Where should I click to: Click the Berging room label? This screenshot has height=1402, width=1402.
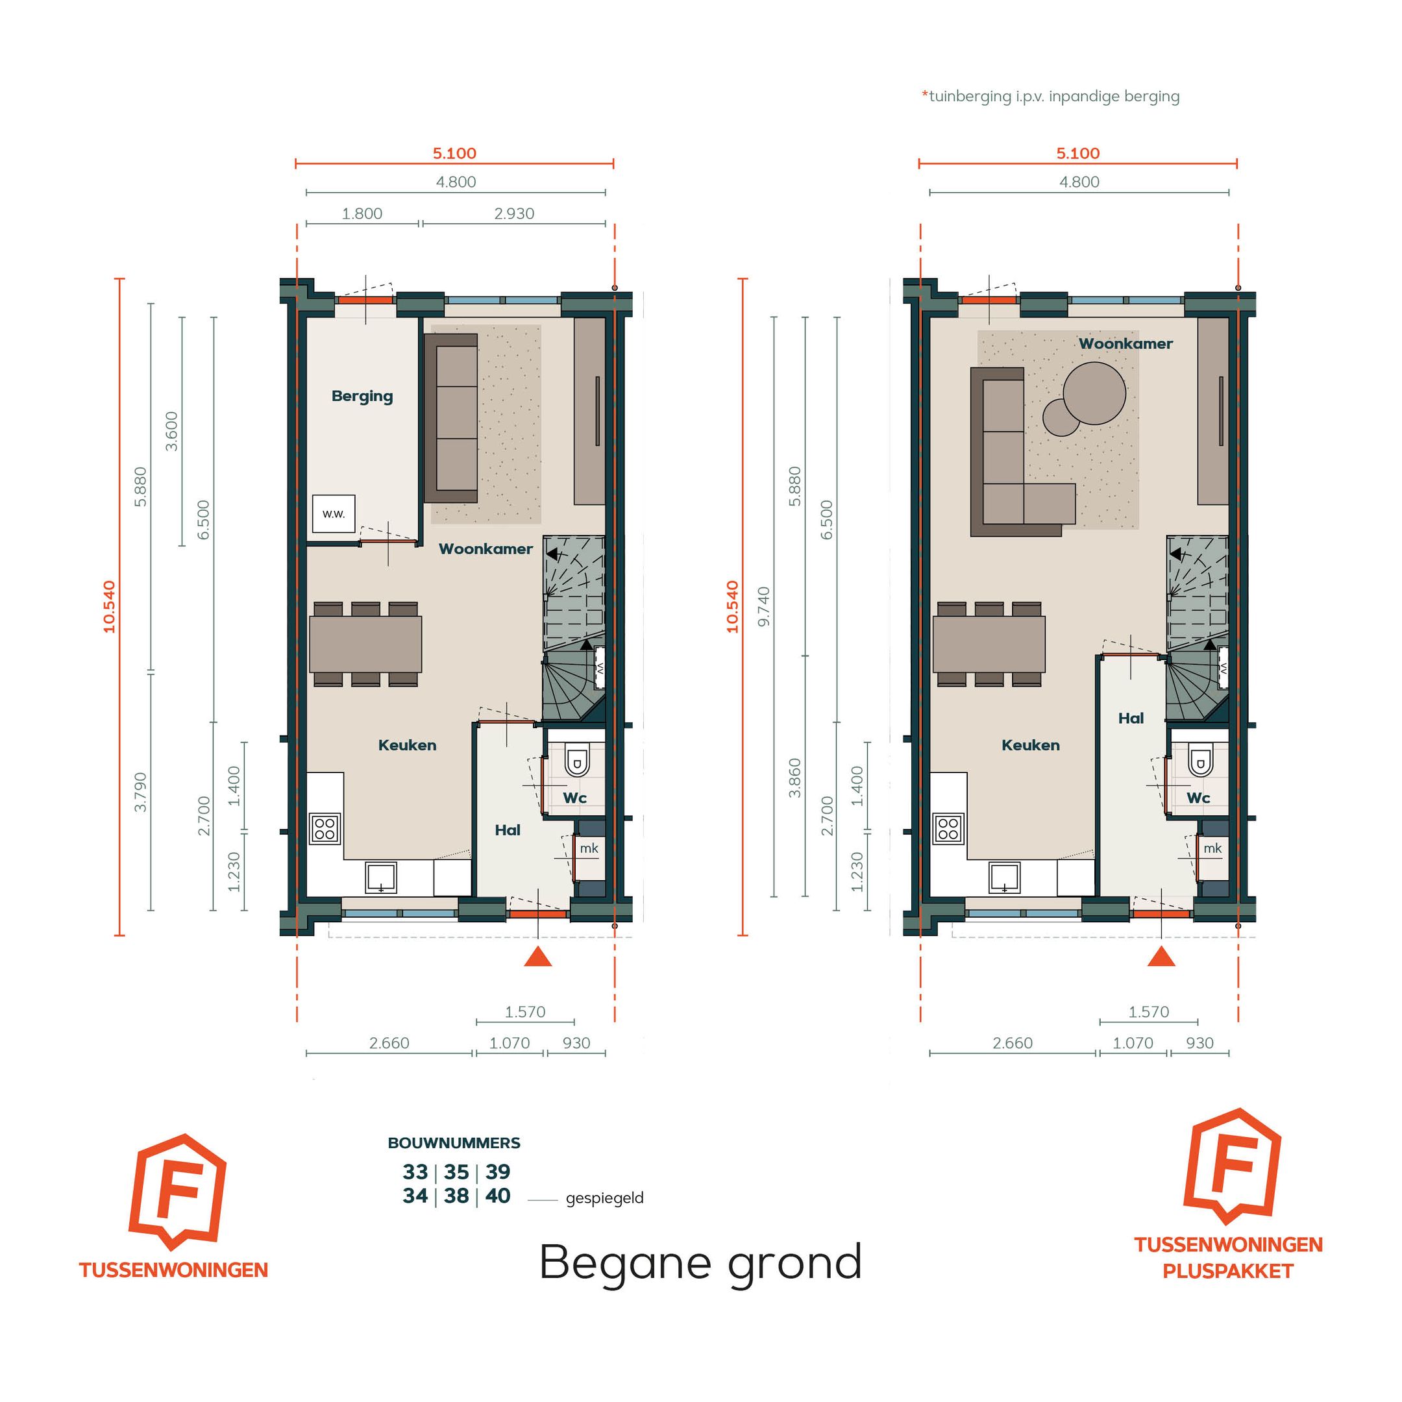tap(362, 396)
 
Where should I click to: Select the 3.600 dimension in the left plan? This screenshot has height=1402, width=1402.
tap(172, 431)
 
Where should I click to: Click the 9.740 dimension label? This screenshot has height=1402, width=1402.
tap(763, 607)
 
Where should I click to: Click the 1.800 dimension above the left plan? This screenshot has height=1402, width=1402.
tap(362, 214)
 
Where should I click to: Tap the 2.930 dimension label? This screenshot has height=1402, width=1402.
tap(514, 214)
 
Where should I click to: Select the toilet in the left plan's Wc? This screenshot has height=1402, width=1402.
tap(577, 761)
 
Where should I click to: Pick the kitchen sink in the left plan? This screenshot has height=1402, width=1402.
tap(380, 878)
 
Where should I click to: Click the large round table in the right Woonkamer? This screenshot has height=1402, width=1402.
tap(1094, 393)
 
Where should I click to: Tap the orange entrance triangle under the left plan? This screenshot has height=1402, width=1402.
tap(537, 957)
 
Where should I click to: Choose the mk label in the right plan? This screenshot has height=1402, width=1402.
tap(1212, 848)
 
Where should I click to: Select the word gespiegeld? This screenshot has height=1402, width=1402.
tap(604, 1198)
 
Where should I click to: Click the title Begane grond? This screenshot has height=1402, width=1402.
tap(700, 1262)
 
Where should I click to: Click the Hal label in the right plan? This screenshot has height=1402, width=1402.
tap(1131, 719)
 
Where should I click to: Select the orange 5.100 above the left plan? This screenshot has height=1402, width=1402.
tap(454, 154)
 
